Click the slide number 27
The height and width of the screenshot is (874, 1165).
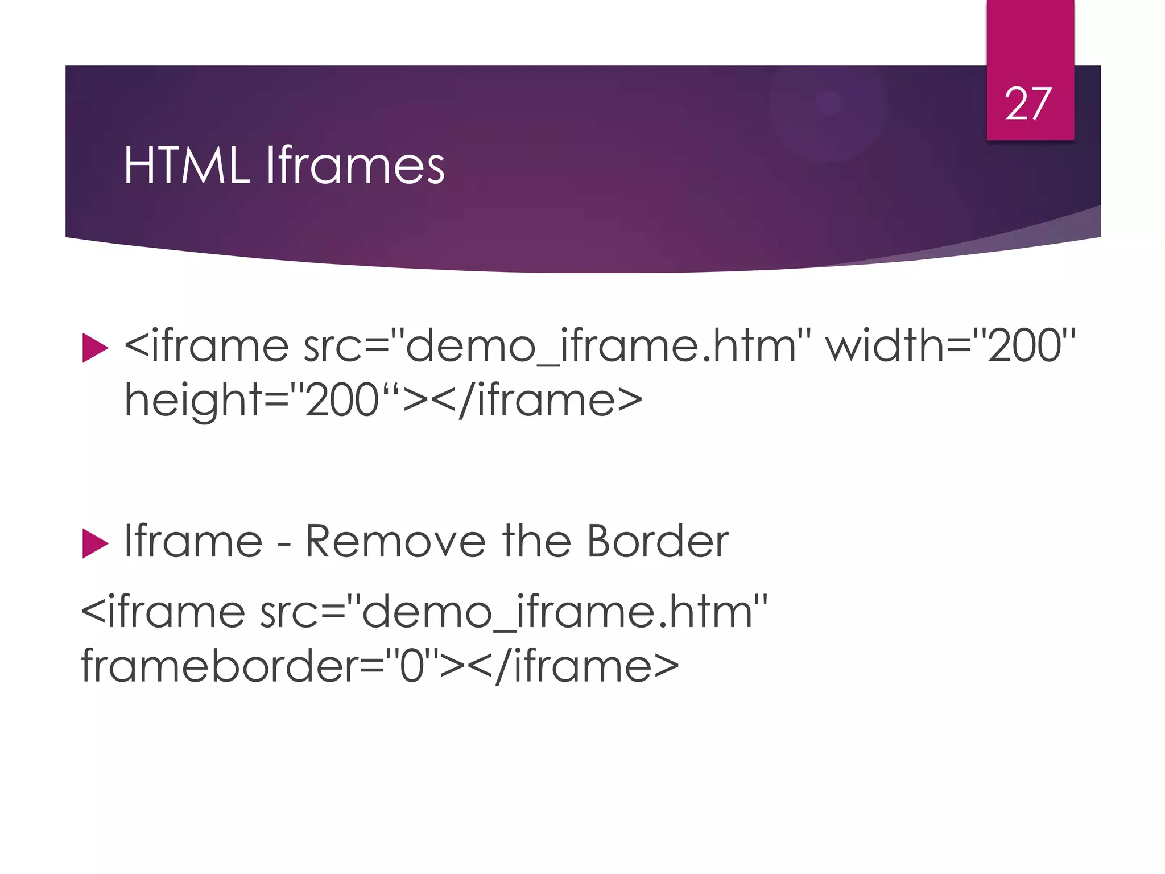click(1028, 104)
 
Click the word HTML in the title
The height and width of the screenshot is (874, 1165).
click(187, 166)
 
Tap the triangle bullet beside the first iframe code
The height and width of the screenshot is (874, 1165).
click(95, 348)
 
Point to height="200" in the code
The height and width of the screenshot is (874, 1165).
click(262, 400)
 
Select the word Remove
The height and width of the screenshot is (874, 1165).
click(395, 541)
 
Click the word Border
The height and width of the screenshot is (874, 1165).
click(658, 541)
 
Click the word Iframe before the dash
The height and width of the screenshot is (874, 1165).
click(193, 541)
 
